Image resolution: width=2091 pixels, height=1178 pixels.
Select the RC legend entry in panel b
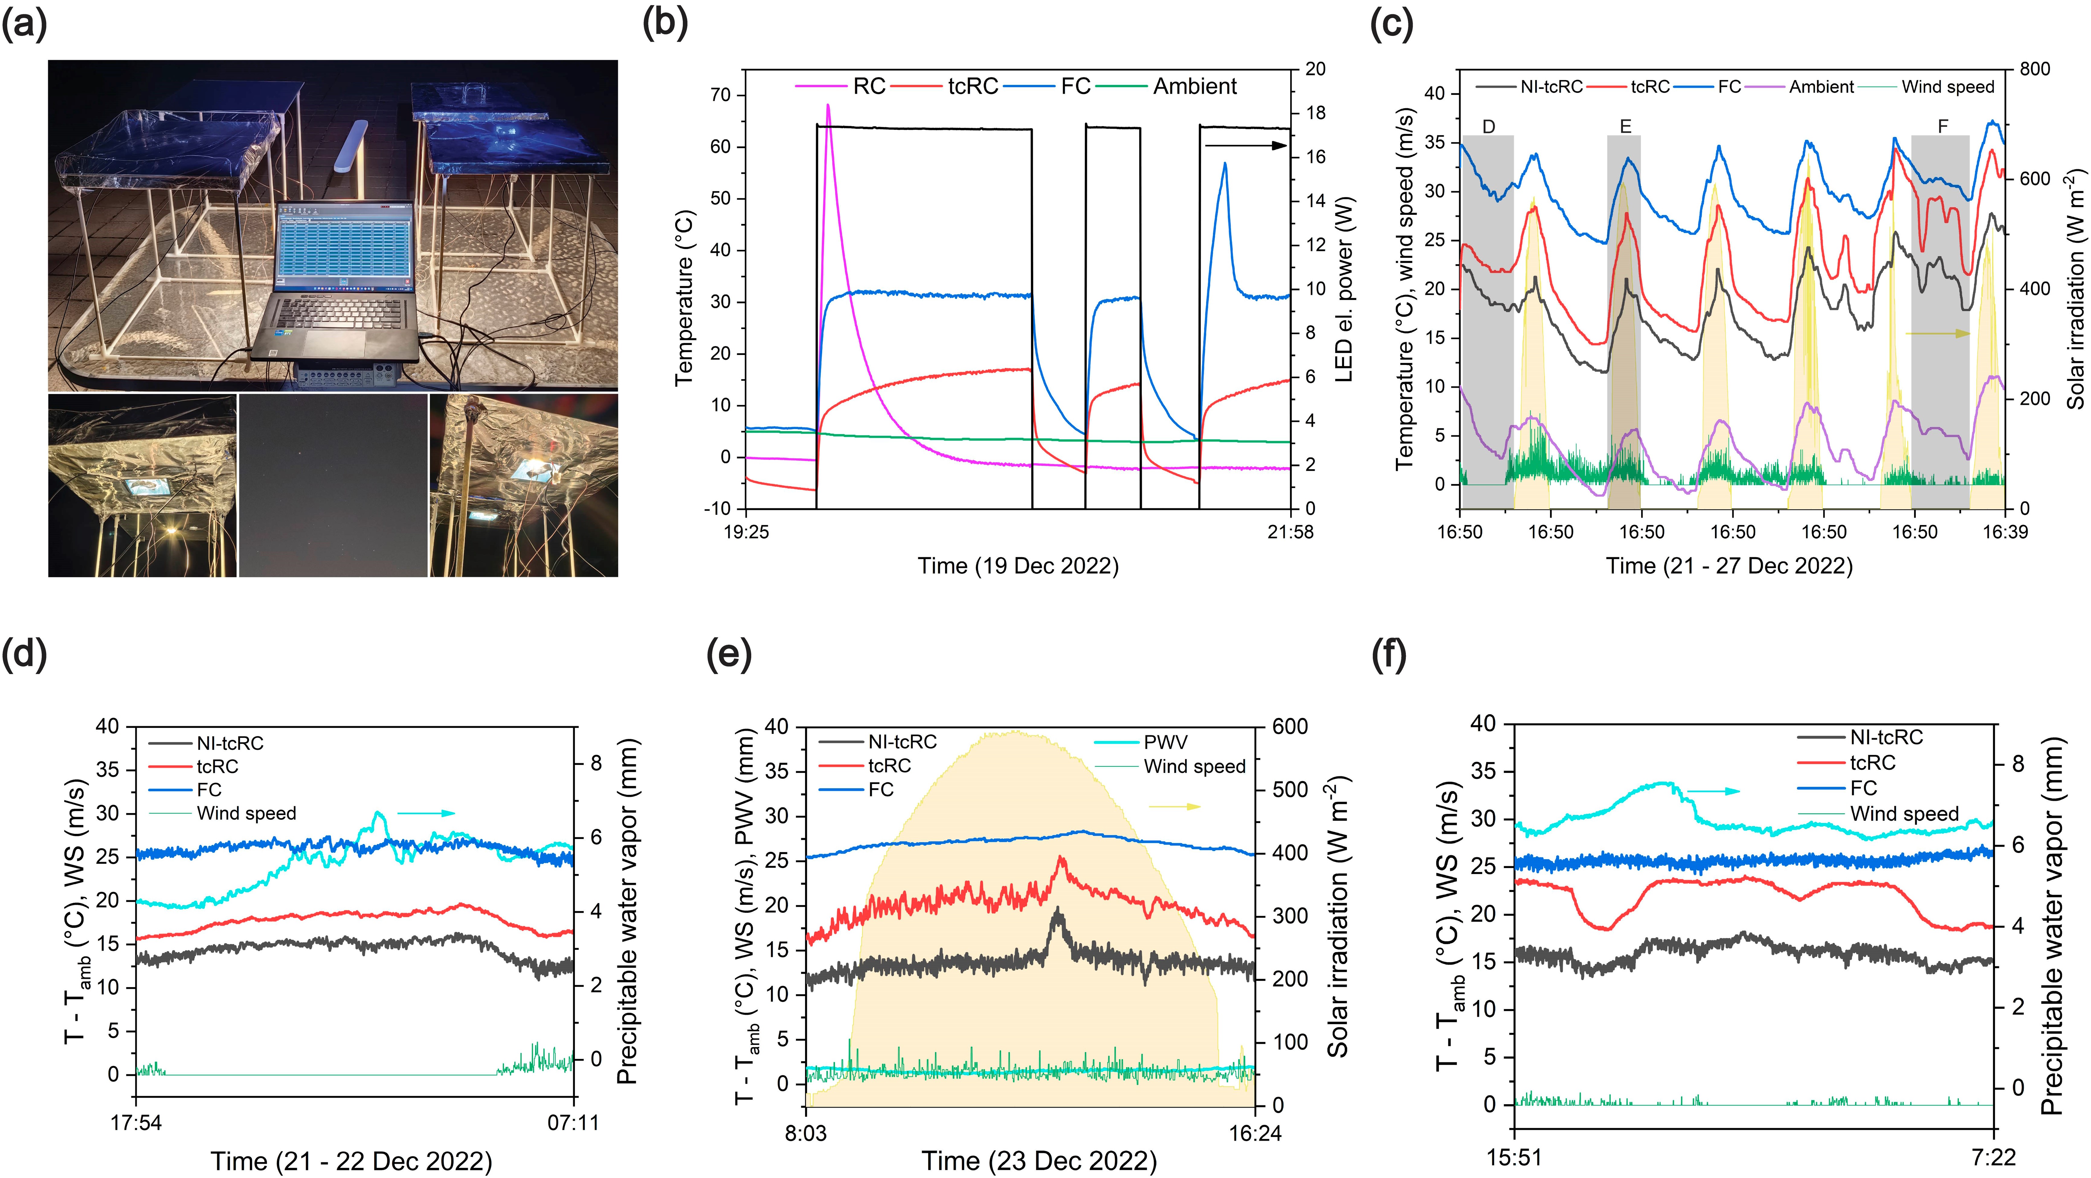tap(868, 86)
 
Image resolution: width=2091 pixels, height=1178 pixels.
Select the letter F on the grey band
tap(1942, 127)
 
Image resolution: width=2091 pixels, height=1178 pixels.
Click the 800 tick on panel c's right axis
tap(2035, 69)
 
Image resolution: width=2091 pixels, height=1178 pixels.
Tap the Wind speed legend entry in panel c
tap(1947, 87)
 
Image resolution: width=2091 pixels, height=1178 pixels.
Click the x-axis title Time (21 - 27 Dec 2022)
tap(1729, 566)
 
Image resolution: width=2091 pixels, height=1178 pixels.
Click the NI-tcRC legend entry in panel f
tap(1886, 737)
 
